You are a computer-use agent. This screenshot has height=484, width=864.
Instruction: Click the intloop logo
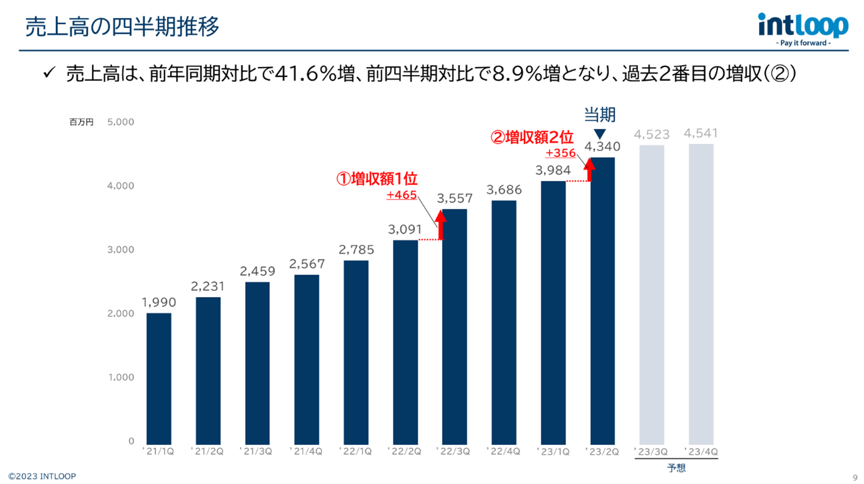pos(803,28)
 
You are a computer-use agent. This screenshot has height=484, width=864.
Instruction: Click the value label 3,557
pos(454,199)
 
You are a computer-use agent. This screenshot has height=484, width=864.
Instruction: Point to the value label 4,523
pos(651,134)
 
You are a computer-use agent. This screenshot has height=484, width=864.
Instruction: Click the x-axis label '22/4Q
pos(503,452)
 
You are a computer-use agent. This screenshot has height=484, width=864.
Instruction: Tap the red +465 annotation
pos(402,195)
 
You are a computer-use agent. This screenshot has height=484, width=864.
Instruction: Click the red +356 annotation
pos(561,153)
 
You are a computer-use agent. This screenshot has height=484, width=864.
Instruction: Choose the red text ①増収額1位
pos(377,180)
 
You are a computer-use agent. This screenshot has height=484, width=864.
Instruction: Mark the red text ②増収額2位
pos(533,138)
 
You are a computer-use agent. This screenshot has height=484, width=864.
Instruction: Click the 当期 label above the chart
pos(600,114)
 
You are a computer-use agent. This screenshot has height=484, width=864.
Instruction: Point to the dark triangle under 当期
pos(600,134)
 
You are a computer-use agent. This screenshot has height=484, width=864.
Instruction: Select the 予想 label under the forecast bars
pos(676,468)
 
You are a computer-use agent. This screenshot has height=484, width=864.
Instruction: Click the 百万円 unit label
pos(81,122)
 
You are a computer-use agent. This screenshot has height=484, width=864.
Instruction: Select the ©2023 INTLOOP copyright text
pos(42,477)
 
